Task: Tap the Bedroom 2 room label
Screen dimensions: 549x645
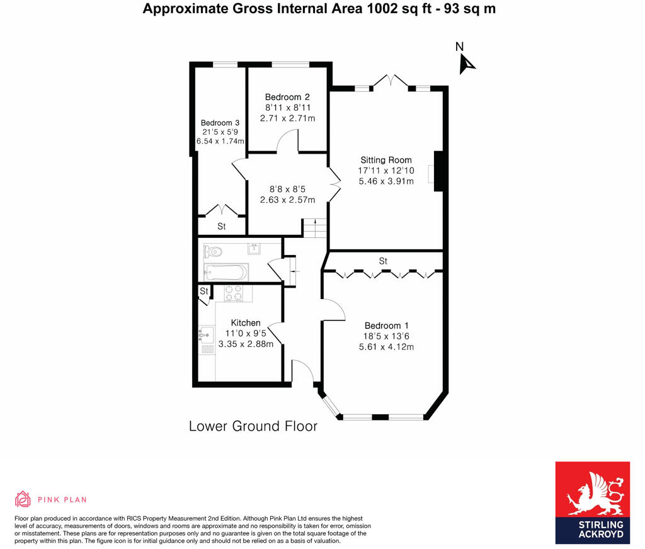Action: (x=287, y=97)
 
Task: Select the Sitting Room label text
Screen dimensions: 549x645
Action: (x=385, y=160)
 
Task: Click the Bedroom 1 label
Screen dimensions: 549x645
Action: (x=385, y=325)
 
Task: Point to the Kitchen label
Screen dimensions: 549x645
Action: (x=245, y=323)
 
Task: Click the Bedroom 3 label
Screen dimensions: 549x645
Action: (x=220, y=123)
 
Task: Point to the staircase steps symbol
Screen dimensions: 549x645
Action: (x=315, y=228)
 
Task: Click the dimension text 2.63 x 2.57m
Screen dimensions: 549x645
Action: (x=287, y=199)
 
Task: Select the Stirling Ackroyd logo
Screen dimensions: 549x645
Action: (x=591, y=502)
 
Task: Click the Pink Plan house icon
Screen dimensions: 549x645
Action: (x=23, y=499)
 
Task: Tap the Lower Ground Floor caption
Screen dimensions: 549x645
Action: (x=253, y=426)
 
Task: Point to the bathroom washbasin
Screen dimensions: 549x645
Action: (x=254, y=248)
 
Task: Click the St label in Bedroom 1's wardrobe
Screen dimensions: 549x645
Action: (x=383, y=261)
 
